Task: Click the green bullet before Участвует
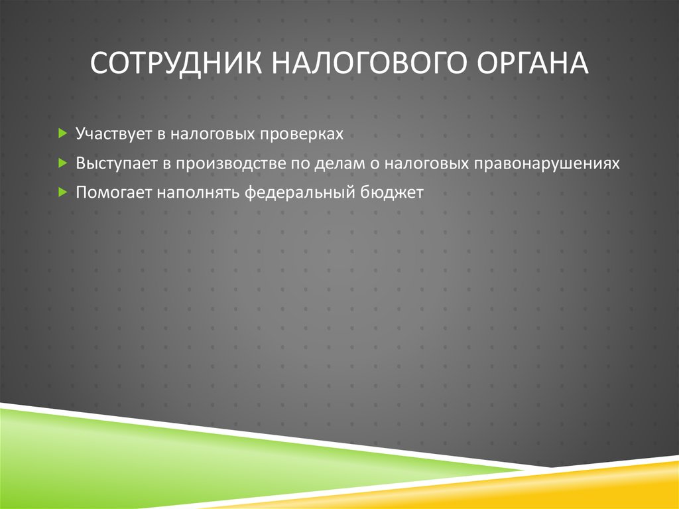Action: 62,134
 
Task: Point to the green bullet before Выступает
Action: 62,163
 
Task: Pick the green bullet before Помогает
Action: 62,192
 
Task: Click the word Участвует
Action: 113,135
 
